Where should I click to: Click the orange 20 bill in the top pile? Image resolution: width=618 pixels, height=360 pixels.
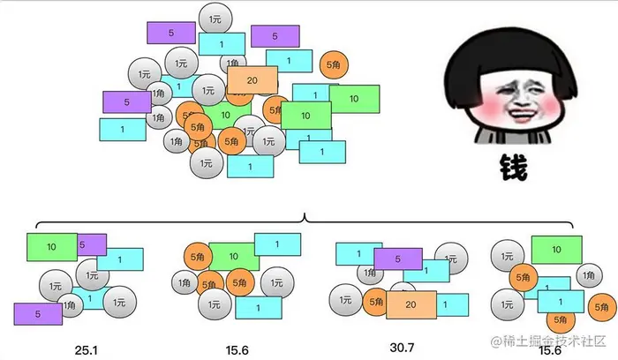252,81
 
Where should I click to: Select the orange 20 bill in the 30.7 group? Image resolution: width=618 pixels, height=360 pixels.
411,304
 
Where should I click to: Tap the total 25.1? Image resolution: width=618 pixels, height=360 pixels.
87,350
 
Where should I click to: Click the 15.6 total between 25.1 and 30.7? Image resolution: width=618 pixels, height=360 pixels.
236,350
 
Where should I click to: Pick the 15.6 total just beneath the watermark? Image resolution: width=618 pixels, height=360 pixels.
548,351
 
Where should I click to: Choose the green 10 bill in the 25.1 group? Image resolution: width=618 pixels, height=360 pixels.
51,247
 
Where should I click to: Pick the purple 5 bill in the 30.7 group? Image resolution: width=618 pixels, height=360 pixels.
398,259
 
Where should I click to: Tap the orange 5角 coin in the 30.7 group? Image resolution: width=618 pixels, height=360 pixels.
374,302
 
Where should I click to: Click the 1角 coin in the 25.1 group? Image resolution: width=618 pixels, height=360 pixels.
70,306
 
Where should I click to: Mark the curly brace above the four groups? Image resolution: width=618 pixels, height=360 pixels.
303,218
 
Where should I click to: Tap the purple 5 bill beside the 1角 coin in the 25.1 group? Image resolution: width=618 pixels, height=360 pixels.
35,312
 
